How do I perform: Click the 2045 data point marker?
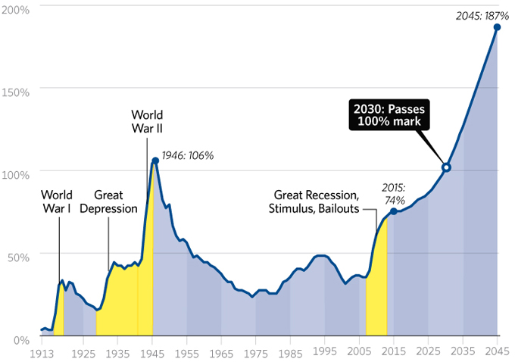498,27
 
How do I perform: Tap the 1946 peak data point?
155,161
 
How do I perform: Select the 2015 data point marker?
393,211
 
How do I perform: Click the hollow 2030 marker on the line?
446,167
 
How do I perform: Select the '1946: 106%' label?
188,155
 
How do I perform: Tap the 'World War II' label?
147,122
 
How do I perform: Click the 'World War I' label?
57,201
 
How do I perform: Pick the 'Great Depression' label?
108,201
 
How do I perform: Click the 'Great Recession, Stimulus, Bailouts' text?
316,201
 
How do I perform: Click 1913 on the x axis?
42,354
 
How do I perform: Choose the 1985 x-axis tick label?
291,354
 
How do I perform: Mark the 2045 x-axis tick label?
498,354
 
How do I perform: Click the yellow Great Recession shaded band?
376,295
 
